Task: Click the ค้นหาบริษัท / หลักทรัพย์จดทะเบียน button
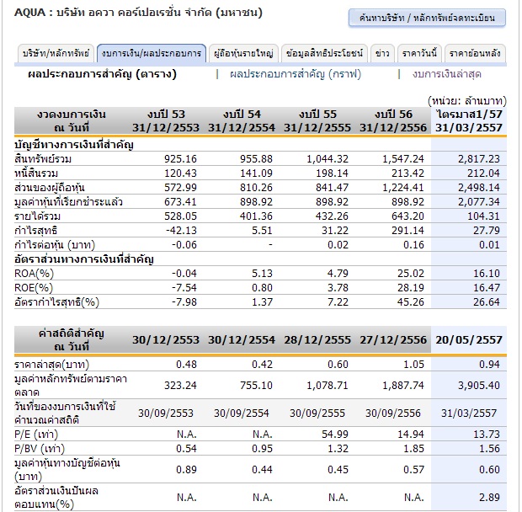coord(427,18)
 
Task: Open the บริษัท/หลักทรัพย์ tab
coord(55,53)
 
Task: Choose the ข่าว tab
coord(382,53)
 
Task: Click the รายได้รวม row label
coord(38,216)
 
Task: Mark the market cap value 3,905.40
coord(477,384)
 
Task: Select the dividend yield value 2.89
coord(489,498)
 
